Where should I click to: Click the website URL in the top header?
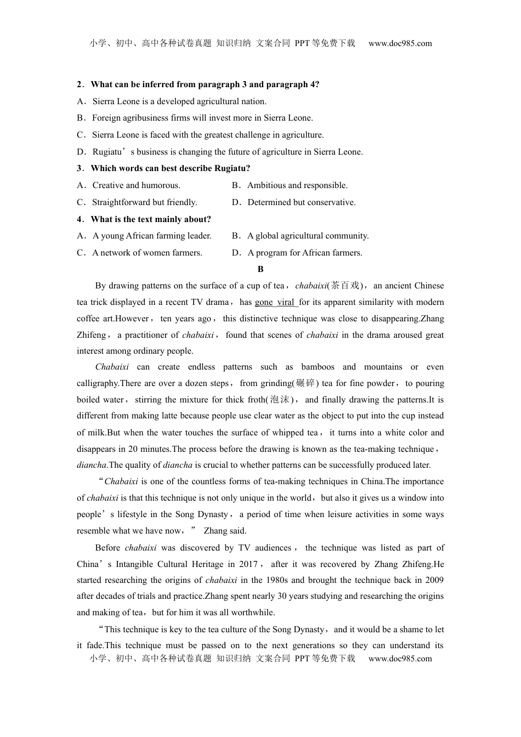coord(400,43)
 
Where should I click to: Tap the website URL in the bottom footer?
coord(400,659)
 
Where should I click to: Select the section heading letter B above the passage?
coord(260,269)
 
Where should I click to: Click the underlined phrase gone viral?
coord(275,302)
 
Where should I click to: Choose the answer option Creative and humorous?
coord(136,185)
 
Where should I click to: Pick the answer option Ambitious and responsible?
coord(297,185)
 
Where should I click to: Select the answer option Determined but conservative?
coord(301,202)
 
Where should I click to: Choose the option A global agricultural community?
coord(308,236)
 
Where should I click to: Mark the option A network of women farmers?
coord(147,253)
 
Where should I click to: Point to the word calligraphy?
coord(98,383)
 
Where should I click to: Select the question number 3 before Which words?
coord(80,168)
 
